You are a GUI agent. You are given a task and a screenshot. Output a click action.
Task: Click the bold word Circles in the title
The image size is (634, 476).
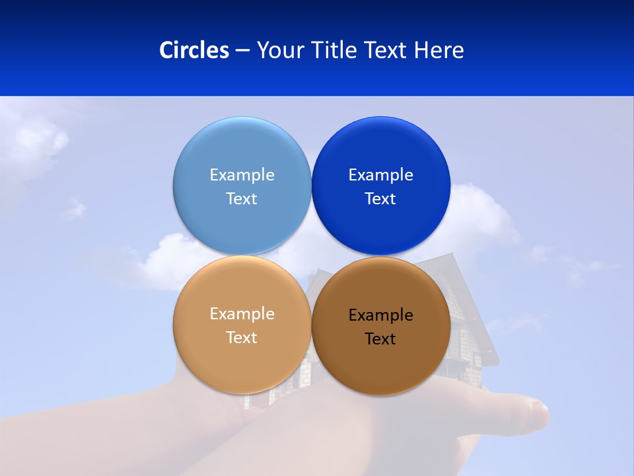pyautogui.click(x=194, y=50)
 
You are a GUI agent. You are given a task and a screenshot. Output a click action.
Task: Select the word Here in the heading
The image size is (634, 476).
pyautogui.click(x=439, y=50)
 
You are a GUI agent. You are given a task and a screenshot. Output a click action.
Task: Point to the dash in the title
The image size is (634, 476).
pyautogui.click(x=242, y=51)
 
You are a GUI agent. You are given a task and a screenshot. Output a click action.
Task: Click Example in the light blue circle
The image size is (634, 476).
pyautogui.click(x=242, y=175)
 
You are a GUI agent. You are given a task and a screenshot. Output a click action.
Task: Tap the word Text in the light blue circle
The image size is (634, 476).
pyautogui.click(x=242, y=199)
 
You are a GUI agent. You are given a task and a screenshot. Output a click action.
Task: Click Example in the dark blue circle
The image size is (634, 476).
pyautogui.click(x=380, y=175)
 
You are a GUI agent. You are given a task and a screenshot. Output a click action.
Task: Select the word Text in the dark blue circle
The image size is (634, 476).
pyautogui.click(x=380, y=199)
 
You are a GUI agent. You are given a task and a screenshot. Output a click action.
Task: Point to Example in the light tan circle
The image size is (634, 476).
pyautogui.click(x=242, y=314)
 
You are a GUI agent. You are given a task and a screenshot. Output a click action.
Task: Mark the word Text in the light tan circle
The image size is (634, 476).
pyautogui.click(x=242, y=338)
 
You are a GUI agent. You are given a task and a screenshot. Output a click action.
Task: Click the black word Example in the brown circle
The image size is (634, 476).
pyautogui.click(x=380, y=315)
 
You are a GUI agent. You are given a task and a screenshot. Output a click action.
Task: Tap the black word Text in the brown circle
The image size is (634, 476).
pyautogui.click(x=380, y=339)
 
